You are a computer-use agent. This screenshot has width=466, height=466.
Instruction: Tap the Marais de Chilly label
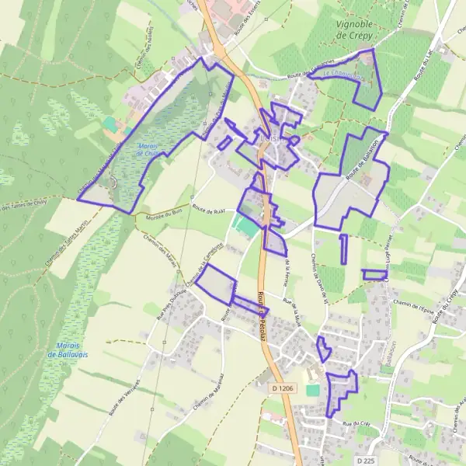146,150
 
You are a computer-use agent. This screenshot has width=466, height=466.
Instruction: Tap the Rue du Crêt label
358,423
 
